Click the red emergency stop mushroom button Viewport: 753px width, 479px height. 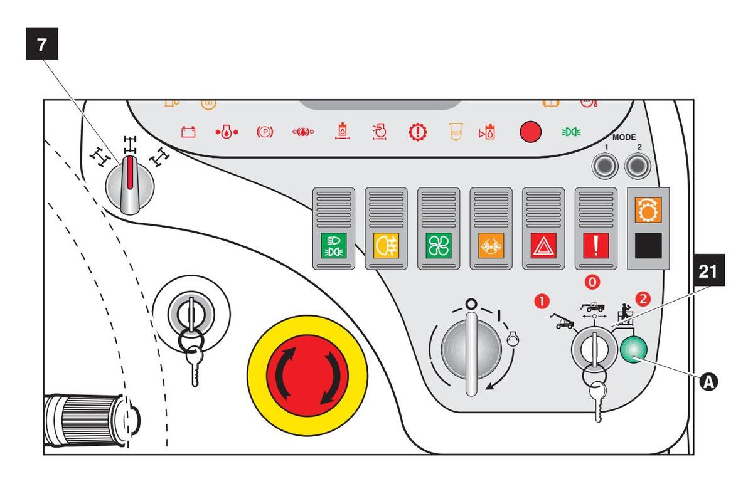click(307, 374)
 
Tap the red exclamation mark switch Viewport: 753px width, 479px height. click(592, 245)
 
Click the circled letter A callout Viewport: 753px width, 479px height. click(708, 380)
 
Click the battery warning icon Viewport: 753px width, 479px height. click(188, 132)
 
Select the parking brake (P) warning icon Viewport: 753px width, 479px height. click(264, 132)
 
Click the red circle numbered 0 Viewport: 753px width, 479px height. click(592, 283)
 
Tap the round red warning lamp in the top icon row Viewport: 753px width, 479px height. click(531, 133)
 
